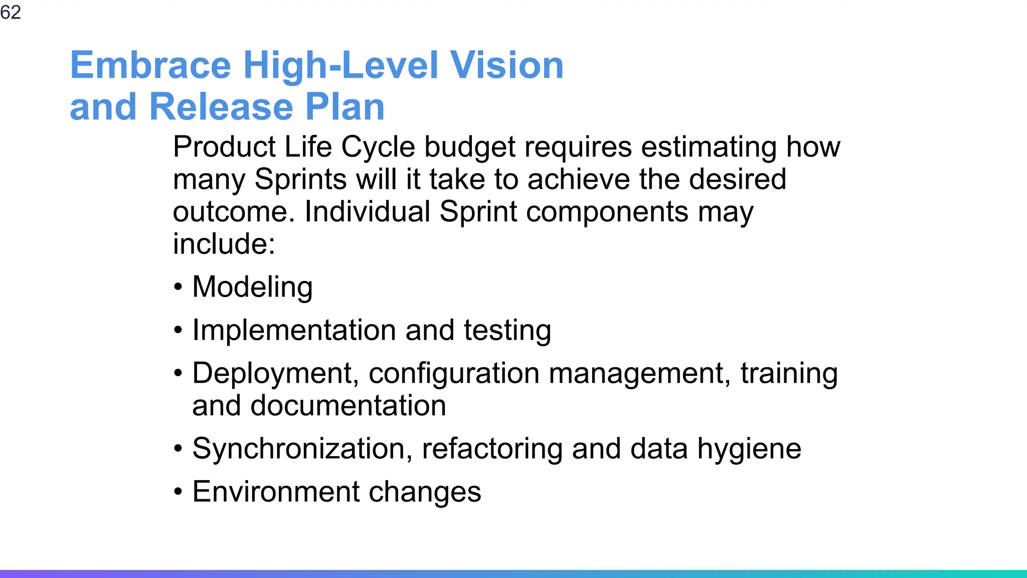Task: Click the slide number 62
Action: (x=11, y=12)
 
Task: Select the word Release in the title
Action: (x=221, y=107)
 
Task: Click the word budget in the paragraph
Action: (x=469, y=148)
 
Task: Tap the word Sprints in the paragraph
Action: (x=300, y=180)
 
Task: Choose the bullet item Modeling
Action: (x=252, y=287)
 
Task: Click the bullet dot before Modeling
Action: (x=178, y=287)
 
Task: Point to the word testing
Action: (x=507, y=331)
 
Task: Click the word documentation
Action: (x=348, y=405)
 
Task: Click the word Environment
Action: (x=276, y=492)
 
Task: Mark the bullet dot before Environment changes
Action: (x=178, y=492)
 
